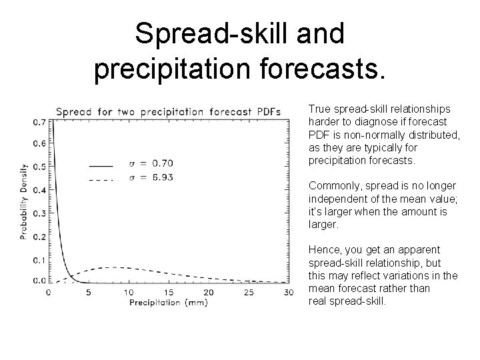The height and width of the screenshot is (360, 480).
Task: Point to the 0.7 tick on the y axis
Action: pyautogui.click(x=39, y=122)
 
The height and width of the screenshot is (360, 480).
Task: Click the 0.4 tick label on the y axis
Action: pyautogui.click(x=39, y=191)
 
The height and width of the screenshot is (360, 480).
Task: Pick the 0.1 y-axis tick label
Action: pyautogui.click(x=39, y=259)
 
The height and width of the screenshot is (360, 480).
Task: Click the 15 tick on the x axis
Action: pyautogui.click(x=168, y=293)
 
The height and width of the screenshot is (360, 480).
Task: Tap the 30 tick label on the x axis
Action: pyautogui.click(x=288, y=293)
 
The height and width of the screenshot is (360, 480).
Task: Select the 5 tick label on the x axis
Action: pyautogui.click(x=88, y=293)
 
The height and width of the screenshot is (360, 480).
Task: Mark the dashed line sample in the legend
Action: pyautogui.click(x=101, y=179)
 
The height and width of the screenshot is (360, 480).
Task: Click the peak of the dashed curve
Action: pyautogui.click(x=115, y=267)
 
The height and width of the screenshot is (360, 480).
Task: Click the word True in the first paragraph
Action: pyautogui.click(x=319, y=109)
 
